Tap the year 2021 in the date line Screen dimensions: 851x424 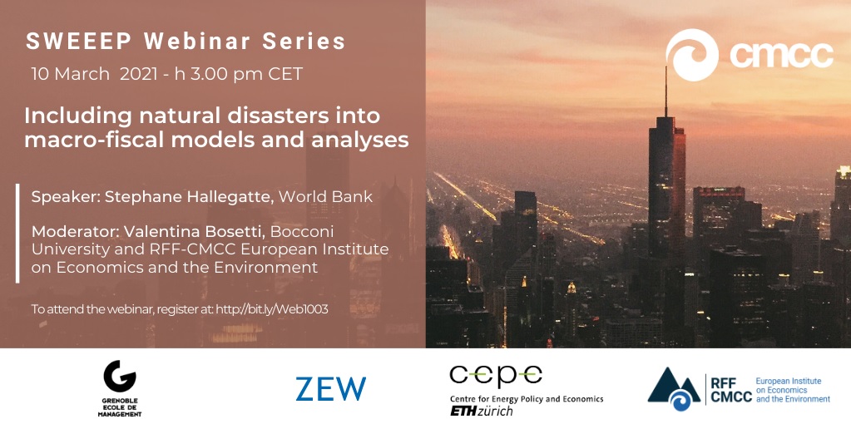pos(140,74)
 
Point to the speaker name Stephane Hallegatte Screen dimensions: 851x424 pos(190,197)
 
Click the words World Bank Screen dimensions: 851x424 pos(325,197)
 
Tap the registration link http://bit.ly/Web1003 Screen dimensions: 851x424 pos(272,309)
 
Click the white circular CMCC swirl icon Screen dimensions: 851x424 pos(692,55)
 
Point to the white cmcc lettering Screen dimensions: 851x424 pos(781,55)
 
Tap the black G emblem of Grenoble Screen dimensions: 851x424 pos(120,376)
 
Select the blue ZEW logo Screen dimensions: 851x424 pos(330,389)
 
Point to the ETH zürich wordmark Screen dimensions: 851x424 pos(481,412)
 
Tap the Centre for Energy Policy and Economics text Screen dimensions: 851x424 pos(527,399)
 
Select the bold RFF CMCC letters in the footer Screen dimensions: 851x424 pos(731,390)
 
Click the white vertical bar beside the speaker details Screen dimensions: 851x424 pos(18,233)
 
